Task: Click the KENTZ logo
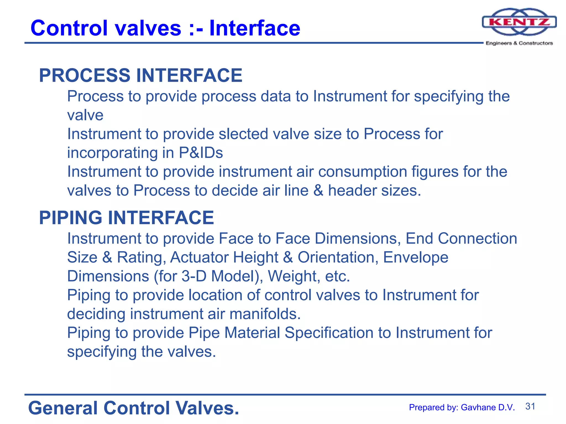[x=519, y=22]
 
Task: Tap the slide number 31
[x=530, y=406]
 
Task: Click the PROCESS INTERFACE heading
[x=141, y=75]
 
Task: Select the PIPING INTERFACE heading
[x=127, y=218]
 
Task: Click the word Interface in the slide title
[x=255, y=28]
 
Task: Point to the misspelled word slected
[x=243, y=134]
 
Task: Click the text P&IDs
[x=201, y=153]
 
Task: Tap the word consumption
[x=363, y=171]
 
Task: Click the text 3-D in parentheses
[x=194, y=276]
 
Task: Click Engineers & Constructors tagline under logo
[x=519, y=43]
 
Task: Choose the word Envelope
[x=416, y=257]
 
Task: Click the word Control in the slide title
[x=69, y=28]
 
